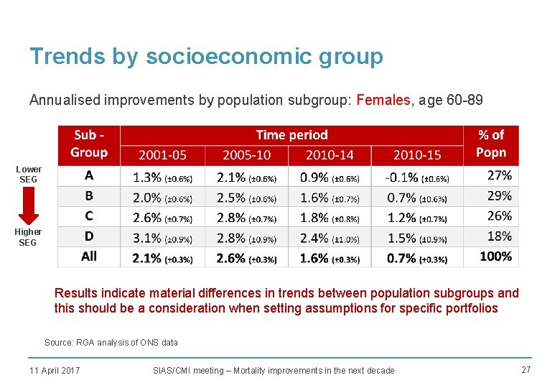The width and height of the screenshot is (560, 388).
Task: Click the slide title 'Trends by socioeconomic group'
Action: pyautogui.click(x=206, y=57)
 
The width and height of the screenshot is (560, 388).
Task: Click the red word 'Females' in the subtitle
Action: pyautogui.click(x=383, y=100)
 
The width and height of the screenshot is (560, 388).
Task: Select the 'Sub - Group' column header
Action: pyautogui.click(x=89, y=144)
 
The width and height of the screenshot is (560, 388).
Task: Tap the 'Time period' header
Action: pyautogui.click(x=291, y=135)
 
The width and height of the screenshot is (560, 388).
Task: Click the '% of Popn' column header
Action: pyautogui.click(x=491, y=144)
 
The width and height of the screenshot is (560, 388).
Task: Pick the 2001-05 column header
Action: pyautogui.click(x=162, y=155)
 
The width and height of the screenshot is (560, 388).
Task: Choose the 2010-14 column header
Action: pyautogui.click(x=331, y=155)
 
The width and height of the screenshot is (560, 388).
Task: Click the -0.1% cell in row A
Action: pyautogui.click(x=417, y=177)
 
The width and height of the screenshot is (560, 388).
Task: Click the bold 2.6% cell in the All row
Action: pyautogui.click(x=246, y=258)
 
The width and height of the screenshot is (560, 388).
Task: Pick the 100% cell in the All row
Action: pyautogui.click(x=495, y=257)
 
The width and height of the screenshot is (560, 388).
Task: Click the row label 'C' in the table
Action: pyautogui.click(x=89, y=216)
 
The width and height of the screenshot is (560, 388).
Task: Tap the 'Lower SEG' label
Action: pyautogui.click(x=29, y=174)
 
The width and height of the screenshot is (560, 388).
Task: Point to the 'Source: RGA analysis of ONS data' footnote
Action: pyautogui.click(x=111, y=343)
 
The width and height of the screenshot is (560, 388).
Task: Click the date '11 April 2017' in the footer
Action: pyautogui.click(x=55, y=370)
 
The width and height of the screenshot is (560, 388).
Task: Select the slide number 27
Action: pyautogui.click(x=526, y=369)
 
